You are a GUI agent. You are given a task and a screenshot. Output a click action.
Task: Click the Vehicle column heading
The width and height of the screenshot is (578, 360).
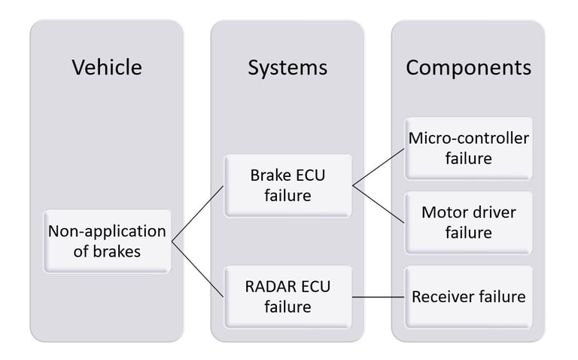pyautogui.click(x=107, y=67)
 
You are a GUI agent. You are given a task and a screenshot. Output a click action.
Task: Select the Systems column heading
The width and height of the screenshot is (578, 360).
pyautogui.click(x=287, y=68)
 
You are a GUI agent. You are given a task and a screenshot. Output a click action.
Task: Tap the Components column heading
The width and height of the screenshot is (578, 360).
pyautogui.click(x=469, y=68)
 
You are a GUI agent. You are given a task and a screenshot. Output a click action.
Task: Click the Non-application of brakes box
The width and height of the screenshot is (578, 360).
pyautogui.click(x=108, y=242)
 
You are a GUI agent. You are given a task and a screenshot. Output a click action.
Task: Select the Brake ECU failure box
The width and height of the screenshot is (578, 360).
pyautogui.click(x=288, y=185)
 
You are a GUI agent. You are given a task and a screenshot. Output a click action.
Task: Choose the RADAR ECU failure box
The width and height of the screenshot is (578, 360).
pyautogui.click(x=288, y=297)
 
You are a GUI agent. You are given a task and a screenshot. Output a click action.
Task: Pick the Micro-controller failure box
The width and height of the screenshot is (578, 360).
pyautogui.click(x=469, y=148)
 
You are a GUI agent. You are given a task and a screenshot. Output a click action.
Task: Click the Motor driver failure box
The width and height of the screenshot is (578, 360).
pyautogui.click(x=469, y=223)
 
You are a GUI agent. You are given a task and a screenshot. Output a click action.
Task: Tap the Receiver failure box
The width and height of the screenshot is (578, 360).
pyautogui.click(x=469, y=297)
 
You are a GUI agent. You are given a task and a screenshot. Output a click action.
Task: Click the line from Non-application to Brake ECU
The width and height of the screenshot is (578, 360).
pyautogui.click(x=198, y=214)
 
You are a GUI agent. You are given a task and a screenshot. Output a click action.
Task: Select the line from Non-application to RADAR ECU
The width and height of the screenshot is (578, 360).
pyautogui.click(x=198, y=270)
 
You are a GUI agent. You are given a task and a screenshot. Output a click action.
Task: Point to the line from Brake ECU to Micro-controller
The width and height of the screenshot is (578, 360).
pyautogui.click(x=379, y=167)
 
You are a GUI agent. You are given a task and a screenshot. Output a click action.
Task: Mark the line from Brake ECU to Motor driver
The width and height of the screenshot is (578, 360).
pyautogui.click(x=379, y=204)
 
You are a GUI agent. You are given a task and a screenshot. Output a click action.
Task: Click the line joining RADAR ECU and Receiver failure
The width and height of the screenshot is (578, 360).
pyautogui.click(x=379, y=297)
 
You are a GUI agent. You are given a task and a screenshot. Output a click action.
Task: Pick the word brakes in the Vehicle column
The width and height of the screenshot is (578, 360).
pyautogui.click(x=117, y=252)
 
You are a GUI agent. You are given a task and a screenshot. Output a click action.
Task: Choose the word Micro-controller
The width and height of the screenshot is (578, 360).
pyautogui.click(x=469, y=139)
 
